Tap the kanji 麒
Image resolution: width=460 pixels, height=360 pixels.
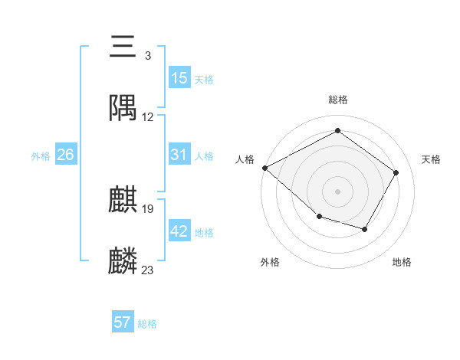tap(123, 200)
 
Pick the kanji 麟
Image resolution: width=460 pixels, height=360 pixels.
tap(123, 261)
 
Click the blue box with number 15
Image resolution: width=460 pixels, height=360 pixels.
tap(179, 78)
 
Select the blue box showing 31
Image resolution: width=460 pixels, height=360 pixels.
tap(179, 155)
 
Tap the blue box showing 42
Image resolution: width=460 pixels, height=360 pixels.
tap(179, 231)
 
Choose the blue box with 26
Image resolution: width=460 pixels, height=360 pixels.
tap(65, 155)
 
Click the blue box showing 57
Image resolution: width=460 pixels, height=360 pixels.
tap(123, 322)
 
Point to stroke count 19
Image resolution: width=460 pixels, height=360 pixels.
tap(148, 208)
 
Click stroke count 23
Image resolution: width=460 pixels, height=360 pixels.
tap(148, 270)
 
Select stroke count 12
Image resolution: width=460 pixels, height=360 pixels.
tap(148, 117)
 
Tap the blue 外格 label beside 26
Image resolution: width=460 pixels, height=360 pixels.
tap(41, 155)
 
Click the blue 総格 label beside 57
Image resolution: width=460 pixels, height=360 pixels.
tap(147, 324)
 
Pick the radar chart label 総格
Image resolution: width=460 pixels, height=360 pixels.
tap(337, 100)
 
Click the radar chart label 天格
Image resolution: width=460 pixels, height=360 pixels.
tap(431, 159)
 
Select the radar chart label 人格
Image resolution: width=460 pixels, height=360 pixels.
tap(245, 159)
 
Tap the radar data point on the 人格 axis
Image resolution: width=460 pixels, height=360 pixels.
tap(264, 168)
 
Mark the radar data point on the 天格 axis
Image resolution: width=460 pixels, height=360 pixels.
tap(396, 172)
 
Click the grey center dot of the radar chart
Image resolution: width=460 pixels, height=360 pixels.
tap(337, 191)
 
